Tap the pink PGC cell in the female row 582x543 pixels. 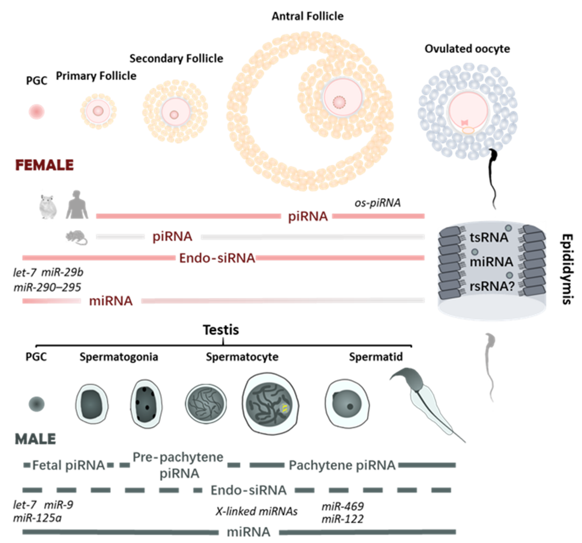(37, 112)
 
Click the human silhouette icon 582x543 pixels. (77, 205)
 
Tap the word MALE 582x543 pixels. (35, 439)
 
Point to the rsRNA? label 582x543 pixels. (492, 286)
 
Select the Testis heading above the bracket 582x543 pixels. (221, 330)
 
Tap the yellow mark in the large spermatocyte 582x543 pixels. (284, 408)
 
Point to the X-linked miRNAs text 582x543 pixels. (256, 511)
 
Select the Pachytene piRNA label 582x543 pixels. (342, 465)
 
